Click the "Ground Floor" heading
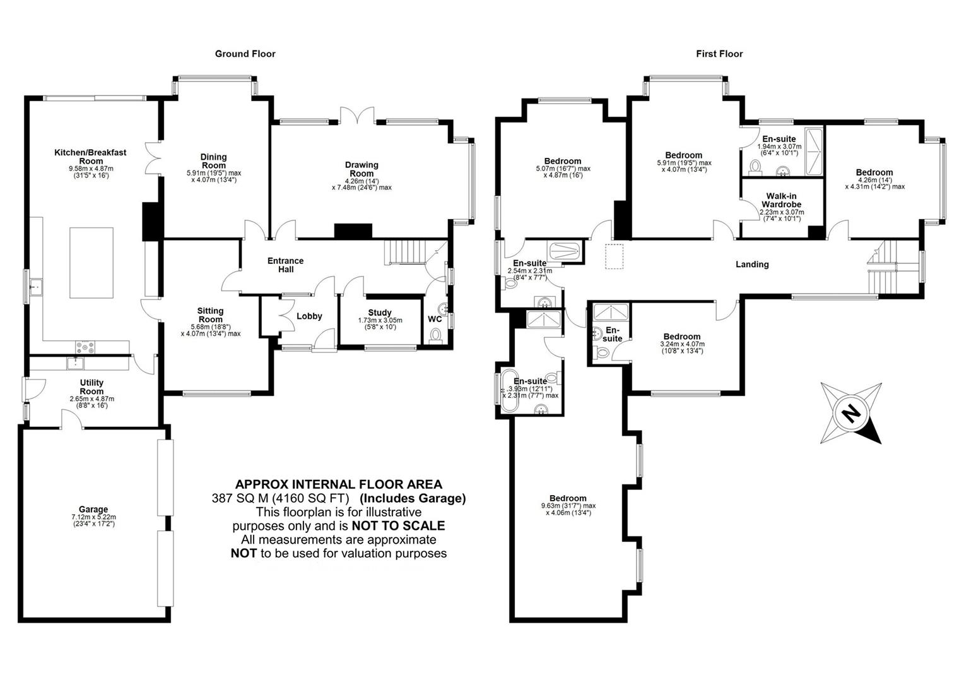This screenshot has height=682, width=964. pyautogui.click(x=245, y=54)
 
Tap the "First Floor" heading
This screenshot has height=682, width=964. pyautogui.click(x=719, y=54)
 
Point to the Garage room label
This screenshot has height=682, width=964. pyautogui.click(x=93, y=509)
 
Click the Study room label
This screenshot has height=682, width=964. pyautogui.click(x=380, y=313)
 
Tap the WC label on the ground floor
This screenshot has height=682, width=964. pyautogui.click(x=435, y=319)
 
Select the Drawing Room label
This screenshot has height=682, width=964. pyautogui.click(x=361, y=169)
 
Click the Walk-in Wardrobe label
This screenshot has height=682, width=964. pyautogui.click(x=781, y=200)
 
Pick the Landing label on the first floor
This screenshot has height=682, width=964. pyautogui.click(x=752, y=264)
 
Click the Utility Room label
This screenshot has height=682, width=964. pyautogui.click(x=91, y=387)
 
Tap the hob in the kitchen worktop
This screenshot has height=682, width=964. pyautogui.click(x=85, y=346)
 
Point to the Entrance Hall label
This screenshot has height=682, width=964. pyautogui.click(x=285, y=265)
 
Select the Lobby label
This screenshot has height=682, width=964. pyautogui.click(x=309, y=316)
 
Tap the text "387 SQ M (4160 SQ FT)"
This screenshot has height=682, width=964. pyautogui.click(x=280, y=498)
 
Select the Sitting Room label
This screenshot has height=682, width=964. pyautogui.click(x=210, y=315)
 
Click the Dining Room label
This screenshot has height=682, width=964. pyautogui.click(x=213, y=161)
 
